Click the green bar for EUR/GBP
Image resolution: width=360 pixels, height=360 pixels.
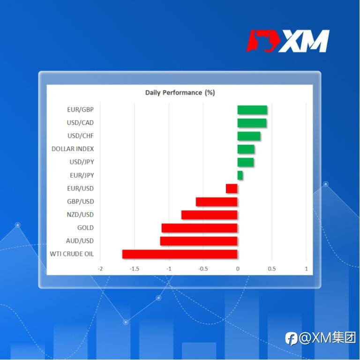point(252,110)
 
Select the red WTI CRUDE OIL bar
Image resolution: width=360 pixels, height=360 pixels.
point(180,254)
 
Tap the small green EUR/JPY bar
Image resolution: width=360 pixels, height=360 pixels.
point(240,175)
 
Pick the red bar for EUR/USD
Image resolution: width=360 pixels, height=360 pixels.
point(232,188)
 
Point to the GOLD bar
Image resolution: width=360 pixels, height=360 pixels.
point(200,228)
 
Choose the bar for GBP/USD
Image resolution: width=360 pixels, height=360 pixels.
point(217,202)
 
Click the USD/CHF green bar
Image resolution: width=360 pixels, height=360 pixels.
point(249,136)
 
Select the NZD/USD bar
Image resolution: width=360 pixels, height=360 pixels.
point(210,215)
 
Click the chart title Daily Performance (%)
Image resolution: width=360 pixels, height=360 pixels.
point(180,93)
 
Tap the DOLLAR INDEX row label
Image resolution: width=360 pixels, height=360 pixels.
point(73,149)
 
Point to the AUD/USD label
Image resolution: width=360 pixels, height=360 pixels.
point(80,241)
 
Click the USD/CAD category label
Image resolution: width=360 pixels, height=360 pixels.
point(80,123)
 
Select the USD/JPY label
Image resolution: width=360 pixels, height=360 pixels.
point(82,162)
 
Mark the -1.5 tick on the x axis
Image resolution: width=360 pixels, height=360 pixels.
point(135,269)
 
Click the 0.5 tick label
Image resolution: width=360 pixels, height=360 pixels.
point(271,269)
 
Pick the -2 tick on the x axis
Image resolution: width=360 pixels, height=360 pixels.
point(100,269)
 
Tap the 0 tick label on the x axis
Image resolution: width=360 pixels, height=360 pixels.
point(238,269)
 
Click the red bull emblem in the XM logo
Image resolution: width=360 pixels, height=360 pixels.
point(263,41)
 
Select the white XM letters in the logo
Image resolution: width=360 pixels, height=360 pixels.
point(304,41)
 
